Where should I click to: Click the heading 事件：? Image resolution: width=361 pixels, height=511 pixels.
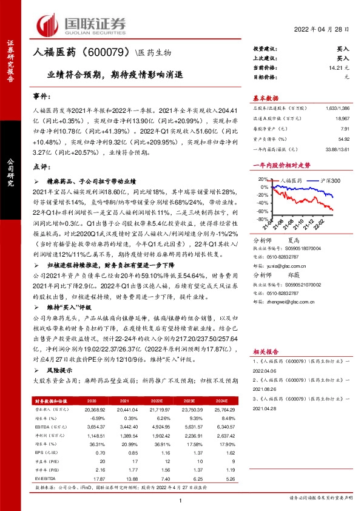click(41, 97)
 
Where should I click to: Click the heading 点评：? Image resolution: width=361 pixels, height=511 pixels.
click(41, 166)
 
